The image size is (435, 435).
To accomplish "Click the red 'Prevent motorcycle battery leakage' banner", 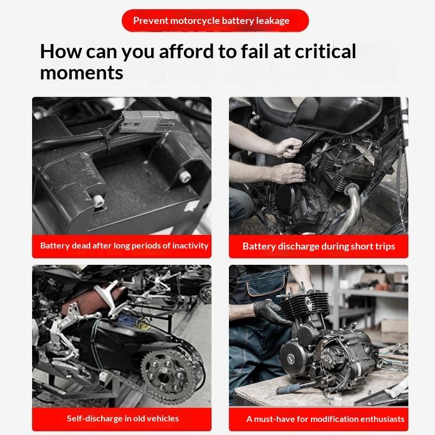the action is pos(215,21).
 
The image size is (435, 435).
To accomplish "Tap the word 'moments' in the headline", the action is pos(82,73).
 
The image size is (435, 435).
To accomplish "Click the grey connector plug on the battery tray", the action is pos(148,121).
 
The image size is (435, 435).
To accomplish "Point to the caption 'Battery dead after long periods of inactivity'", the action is pos(124,246).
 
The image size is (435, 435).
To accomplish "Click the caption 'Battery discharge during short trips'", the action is pos(319,246).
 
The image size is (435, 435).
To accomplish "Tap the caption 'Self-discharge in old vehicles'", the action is pos(123,418).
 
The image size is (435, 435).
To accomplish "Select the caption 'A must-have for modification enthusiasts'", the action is pos(325,419).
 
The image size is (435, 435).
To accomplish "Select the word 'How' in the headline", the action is pos(61,51).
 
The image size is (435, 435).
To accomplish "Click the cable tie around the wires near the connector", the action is pos(105,138).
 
